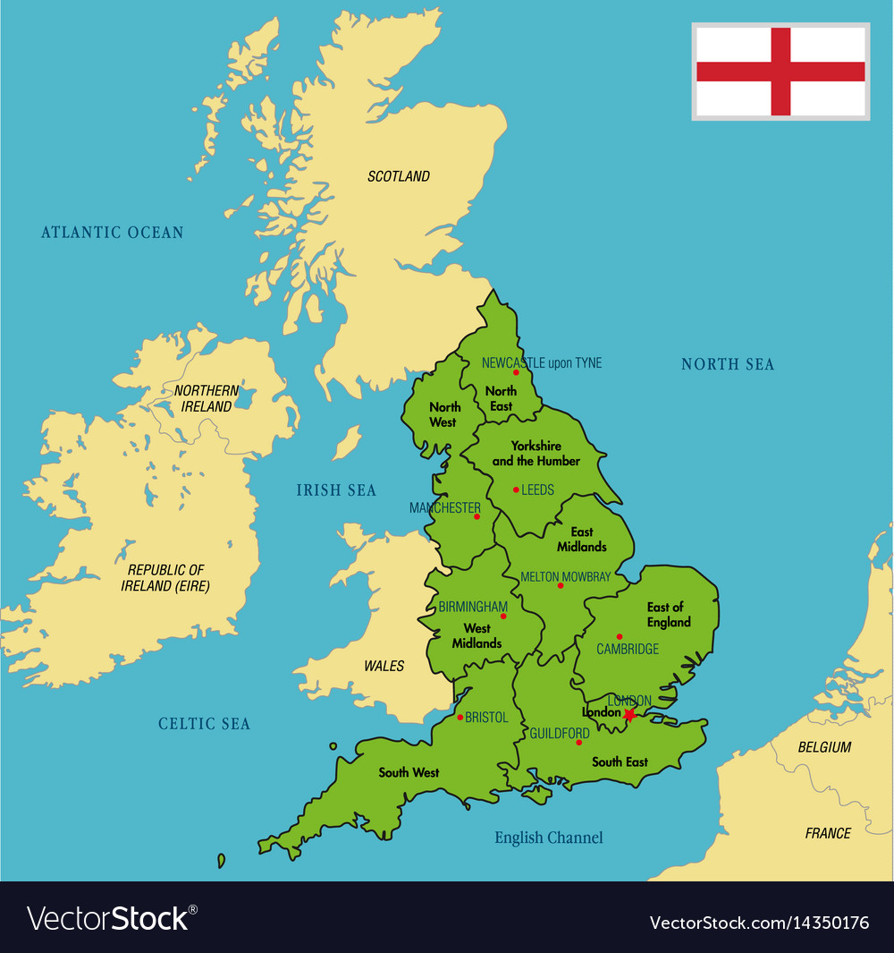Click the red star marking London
630,715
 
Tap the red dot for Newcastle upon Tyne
516,373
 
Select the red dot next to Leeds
516,489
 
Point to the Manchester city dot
477,516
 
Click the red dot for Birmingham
503,616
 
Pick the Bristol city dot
460,717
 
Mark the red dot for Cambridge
619,637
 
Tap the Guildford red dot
578,743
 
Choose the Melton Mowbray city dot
561,586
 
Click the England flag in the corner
780,72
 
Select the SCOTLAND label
399,176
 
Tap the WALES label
384,666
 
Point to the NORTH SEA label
728,364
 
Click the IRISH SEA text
336,490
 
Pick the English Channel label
549,838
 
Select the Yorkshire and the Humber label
536,453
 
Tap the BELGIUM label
823,747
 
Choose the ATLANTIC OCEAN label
112,233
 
